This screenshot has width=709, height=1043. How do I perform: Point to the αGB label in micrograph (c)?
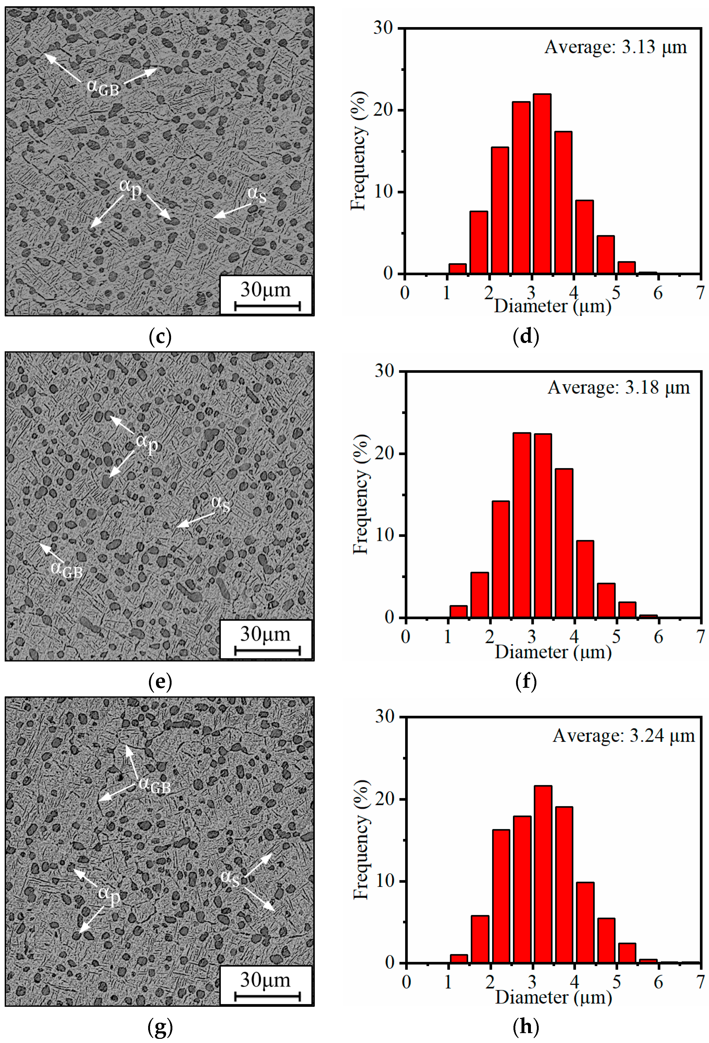(103, 87)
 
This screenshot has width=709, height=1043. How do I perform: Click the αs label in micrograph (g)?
(230, 877)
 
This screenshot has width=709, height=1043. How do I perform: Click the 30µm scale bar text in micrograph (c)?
(266, 290)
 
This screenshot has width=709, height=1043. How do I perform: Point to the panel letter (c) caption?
(160, 336)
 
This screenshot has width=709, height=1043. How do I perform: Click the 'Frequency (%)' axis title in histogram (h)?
(361, 839)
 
